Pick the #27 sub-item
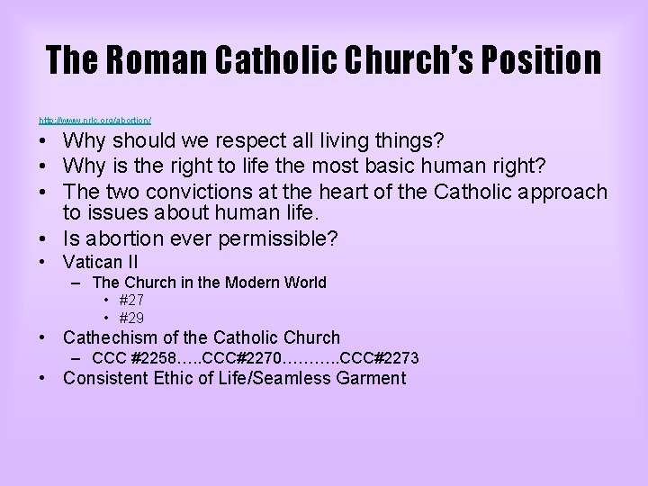131,300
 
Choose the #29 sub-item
131,318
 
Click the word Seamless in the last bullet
293,378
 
